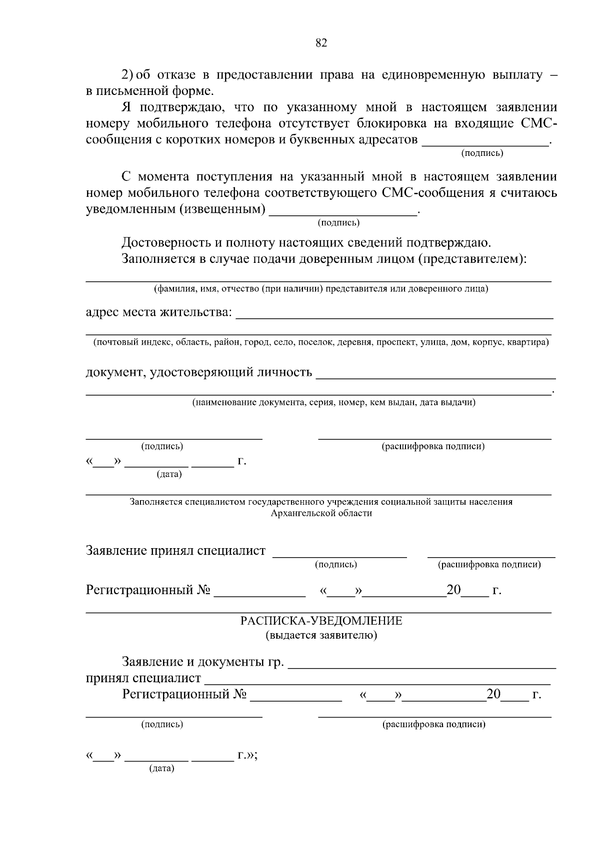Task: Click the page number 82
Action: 321,43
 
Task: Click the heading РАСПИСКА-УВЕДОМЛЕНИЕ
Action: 321,621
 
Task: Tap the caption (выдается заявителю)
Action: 321,635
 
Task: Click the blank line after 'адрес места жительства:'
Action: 394,315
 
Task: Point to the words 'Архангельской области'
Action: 321,513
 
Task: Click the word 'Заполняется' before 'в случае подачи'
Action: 153,259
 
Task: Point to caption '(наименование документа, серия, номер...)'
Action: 334,402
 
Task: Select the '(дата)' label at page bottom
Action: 161,769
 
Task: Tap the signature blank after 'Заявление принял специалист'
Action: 339,553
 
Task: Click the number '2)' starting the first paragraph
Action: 127,75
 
